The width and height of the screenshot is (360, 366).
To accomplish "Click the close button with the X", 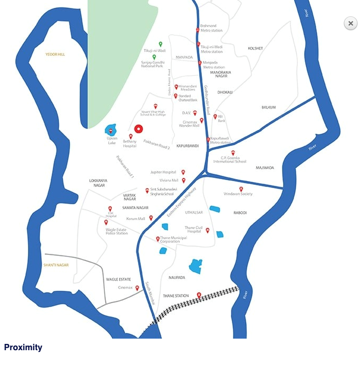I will click(351, 23).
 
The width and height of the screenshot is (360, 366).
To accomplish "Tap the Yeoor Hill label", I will click(55, 54).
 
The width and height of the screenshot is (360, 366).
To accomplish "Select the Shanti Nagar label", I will click(56, 265).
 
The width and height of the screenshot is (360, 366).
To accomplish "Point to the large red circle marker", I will click(139, 129).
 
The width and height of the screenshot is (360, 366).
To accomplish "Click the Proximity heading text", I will click(23, 348).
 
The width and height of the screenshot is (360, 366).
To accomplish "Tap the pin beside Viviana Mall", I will click(183, 180).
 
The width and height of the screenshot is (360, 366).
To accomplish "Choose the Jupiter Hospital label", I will click(163, 172).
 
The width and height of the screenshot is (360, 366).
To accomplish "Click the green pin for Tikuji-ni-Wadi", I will click(160, 44).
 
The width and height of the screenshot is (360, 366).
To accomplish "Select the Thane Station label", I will click(176, 296).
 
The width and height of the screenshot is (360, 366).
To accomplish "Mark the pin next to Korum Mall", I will click(151, 217).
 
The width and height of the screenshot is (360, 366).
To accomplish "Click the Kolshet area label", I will click(255, 48).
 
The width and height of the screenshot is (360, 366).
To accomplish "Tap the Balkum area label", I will click(269, 107).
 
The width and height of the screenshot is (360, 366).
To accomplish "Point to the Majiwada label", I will click(265, 168).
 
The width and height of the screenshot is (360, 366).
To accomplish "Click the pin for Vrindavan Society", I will click(241, 189).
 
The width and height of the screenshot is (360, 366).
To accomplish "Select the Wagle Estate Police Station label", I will click(116, 231).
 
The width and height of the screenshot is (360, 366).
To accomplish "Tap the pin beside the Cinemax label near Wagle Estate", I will click(137, 288).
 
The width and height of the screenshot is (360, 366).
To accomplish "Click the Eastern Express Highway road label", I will click(181, 202).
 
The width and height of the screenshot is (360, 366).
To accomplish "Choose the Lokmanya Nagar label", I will click(97, 183).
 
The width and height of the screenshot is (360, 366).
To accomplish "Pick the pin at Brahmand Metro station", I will click(198, 29).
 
